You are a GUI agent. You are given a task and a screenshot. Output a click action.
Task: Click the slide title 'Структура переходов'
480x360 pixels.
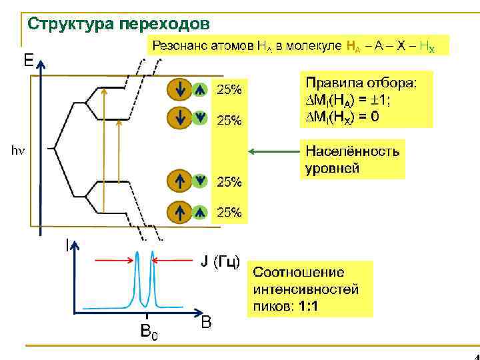tap(118, 24)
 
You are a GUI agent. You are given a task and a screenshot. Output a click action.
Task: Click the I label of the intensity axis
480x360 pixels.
tap(66, 245)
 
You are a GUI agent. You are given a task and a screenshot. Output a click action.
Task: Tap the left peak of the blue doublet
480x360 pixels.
tap(138, 257)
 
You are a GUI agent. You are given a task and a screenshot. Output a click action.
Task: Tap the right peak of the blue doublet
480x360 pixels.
tap(153, 257)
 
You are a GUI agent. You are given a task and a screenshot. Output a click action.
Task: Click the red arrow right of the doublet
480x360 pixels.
tap(175, 261)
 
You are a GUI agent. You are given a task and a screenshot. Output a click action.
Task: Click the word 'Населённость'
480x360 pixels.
tap(352, 151)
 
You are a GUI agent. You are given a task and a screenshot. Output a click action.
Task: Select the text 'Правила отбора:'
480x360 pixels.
tap(360, 83)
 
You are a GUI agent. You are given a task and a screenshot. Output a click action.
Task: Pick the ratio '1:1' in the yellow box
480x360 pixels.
tap(308, 306)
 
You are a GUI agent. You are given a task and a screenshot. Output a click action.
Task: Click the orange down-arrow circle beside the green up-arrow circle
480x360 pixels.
tap(179, 88)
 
